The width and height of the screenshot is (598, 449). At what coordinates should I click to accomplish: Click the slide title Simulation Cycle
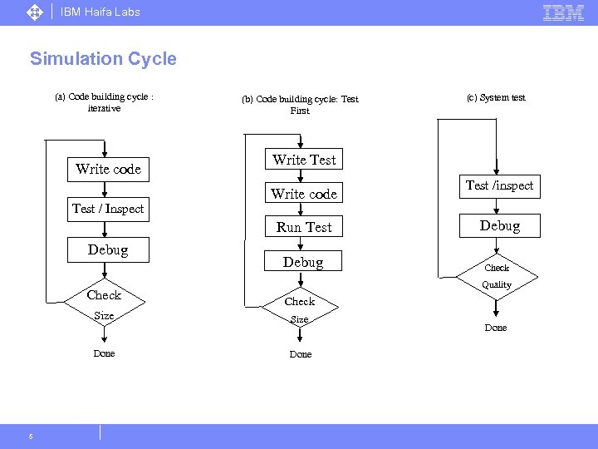[103, 59]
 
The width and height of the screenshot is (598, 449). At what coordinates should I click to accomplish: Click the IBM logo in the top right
[563, 12]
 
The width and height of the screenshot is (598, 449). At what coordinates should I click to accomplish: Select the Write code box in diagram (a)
[108, 170]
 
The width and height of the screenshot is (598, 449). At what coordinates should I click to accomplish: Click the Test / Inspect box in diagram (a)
[107, 209]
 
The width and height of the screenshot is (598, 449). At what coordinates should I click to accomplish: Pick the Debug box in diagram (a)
[108, 250]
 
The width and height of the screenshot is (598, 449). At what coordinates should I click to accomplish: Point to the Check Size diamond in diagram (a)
[104, 304]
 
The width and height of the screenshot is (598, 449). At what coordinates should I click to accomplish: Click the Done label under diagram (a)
[104, 354]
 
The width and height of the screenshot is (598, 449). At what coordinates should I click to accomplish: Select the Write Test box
[304, 160]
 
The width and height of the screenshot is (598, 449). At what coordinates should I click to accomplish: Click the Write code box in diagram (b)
[304, 194]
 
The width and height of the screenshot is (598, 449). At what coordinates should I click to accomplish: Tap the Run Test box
[304, 227]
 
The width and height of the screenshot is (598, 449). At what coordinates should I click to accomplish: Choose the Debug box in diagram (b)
[303, 262]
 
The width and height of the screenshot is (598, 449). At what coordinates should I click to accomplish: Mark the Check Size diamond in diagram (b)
[300, 309]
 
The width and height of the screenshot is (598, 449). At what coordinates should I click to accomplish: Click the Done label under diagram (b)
[301, 355]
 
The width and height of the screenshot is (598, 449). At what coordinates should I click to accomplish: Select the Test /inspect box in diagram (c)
[499, 186]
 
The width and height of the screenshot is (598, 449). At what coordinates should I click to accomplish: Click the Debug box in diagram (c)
[499, 226]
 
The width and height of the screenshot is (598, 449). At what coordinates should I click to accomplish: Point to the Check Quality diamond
[497, 276]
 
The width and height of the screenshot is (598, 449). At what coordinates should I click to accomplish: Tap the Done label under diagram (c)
[496, 328]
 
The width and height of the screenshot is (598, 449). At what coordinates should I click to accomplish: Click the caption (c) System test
[496, 97]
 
